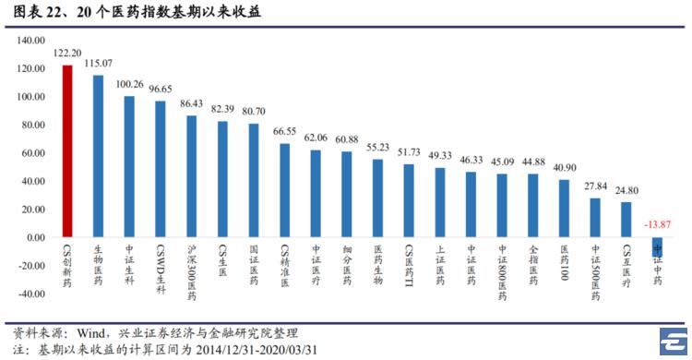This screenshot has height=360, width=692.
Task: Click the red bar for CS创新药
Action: point(67,151)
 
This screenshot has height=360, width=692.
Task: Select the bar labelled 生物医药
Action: point(99,156)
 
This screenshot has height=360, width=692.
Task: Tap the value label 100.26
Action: point(130,84)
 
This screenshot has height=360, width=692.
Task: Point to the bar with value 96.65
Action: point(161,169)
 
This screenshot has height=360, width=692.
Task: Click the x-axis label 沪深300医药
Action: point(192,272)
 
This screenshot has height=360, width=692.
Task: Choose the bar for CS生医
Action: point(222,179)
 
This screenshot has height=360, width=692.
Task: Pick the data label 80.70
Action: point(254,112)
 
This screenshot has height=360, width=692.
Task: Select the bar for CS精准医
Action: point(285,190)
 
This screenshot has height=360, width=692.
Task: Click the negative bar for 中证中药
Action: point(657,246)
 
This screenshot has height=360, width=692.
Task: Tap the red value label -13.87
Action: point(657,224)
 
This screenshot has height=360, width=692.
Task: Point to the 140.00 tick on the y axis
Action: point(30,41)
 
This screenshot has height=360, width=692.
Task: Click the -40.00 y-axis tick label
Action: point(30,294)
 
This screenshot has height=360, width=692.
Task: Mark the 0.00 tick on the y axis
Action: point(36,237)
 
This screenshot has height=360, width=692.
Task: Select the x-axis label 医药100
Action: point(565,263)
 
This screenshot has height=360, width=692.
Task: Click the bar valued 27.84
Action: point(595,218)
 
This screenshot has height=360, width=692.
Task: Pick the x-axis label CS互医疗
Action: point(626,267)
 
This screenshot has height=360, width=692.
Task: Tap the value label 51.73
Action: point(409,152)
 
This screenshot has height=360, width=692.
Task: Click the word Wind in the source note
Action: point(91,333)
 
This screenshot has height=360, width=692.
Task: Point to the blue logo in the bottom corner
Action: point(674,341)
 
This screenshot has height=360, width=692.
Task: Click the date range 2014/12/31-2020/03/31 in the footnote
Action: point(257,350)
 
